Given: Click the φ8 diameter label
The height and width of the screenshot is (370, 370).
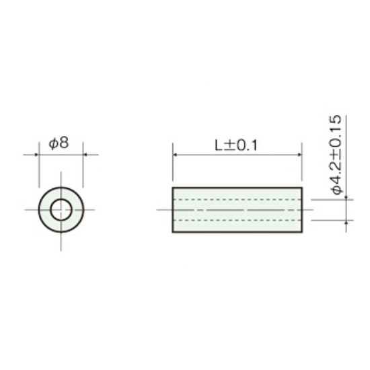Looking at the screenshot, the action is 59,143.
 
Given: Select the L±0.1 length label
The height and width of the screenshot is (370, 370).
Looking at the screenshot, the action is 236,145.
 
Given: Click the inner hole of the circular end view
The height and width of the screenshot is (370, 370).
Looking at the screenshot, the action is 61,210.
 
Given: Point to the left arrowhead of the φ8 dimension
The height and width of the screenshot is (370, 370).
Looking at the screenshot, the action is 36,155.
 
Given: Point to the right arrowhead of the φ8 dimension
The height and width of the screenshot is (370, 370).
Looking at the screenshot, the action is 85,155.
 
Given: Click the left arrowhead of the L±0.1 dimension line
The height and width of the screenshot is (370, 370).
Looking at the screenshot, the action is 175,155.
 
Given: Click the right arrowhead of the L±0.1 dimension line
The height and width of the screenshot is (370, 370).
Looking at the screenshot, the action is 299,155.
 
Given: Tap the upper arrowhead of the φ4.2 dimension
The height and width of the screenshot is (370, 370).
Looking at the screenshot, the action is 346,198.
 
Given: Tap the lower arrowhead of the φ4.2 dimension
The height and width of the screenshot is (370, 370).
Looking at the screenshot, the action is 346,222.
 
